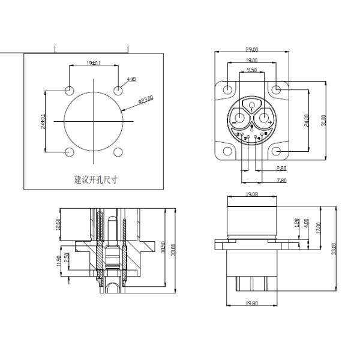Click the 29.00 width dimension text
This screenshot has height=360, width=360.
point(252,49)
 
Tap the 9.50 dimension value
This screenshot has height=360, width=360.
point(252,70)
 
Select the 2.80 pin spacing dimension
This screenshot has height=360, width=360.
point(281,169)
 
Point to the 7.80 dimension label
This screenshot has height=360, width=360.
point(281,180)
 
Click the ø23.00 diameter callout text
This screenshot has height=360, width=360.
point(146,99)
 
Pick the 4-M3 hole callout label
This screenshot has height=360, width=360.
point(131,79)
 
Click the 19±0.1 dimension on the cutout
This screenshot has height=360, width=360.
point(94,62)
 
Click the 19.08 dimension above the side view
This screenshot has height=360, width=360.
point(252,195)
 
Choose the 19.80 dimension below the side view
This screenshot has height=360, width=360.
point(252,305)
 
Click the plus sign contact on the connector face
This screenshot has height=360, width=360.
point(271,122)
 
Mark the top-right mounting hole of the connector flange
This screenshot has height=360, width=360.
point(276,90)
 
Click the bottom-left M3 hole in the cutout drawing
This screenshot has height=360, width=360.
point(70,152)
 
